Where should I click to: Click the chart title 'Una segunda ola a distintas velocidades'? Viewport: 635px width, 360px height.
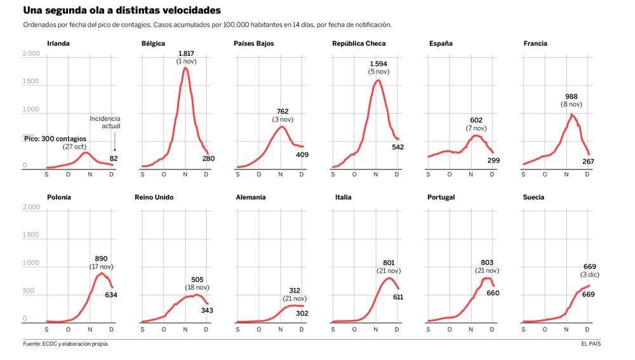(122, 11)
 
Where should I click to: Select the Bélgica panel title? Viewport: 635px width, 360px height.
(153, 44)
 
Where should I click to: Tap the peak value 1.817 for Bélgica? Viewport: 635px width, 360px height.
(186, 53)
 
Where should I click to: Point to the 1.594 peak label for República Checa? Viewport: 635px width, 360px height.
(378, 64)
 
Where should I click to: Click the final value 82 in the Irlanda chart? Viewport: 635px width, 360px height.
(114, 158)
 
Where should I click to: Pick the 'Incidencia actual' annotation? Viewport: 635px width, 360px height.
(105, 122)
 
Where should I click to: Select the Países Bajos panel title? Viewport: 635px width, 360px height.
(254, 44)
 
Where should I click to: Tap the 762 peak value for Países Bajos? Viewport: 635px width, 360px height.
(283, 112)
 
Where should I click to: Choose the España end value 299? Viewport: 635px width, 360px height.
(493, 161)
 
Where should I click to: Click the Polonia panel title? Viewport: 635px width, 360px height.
(59, 197)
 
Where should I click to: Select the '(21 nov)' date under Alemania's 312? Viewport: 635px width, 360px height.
(295, 298)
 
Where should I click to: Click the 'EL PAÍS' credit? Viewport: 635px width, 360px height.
(591, 344)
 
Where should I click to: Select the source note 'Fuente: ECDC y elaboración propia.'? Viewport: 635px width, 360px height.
(66, 344)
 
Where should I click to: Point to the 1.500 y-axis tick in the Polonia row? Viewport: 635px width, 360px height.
(30, 236)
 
